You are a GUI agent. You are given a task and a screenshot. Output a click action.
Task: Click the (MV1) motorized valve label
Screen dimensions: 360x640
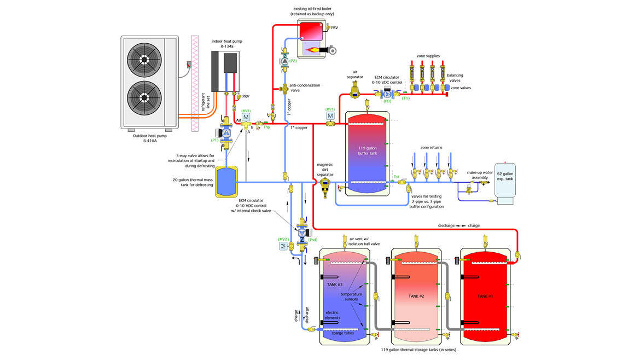pyautogui.click(x=330, y=109)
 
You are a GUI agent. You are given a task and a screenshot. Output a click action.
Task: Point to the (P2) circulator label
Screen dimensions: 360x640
pyautogui.click(x=293, y=61)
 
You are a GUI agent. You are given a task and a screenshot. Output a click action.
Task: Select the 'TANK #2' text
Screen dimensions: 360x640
pyautogui.click(x=417, y=296)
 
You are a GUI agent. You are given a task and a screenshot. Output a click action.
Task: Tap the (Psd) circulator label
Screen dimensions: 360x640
pyautogui.click(x=313, y=239)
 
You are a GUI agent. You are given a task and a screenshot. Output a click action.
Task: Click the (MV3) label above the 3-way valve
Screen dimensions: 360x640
pyautogui.click(x=246, y=110)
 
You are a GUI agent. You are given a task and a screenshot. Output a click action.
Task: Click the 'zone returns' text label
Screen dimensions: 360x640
pyautogui.click(x=431, y=148)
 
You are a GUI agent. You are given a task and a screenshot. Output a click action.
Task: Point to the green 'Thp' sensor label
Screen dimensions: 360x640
pyautogui.click(x=267, y=127)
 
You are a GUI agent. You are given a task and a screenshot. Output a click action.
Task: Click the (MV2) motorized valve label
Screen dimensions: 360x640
pyautogui.click(x=283, y=239)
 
